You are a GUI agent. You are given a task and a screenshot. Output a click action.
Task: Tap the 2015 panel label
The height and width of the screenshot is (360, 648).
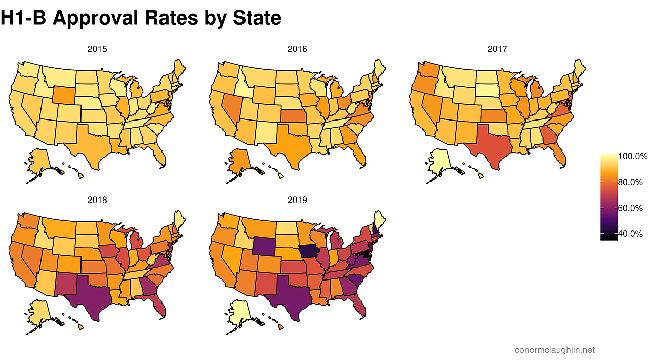97,49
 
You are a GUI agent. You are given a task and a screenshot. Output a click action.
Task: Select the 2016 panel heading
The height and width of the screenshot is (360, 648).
297,49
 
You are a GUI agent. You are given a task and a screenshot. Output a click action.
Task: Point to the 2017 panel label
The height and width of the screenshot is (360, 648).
497,49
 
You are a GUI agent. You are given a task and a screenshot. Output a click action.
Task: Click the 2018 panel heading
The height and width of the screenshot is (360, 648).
97,200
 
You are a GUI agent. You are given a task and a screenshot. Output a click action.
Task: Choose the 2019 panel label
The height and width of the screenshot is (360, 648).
297,200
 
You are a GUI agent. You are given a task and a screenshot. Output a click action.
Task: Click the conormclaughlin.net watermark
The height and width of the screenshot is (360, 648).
555,350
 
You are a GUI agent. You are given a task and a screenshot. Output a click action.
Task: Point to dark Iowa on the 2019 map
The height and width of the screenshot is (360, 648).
309,251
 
